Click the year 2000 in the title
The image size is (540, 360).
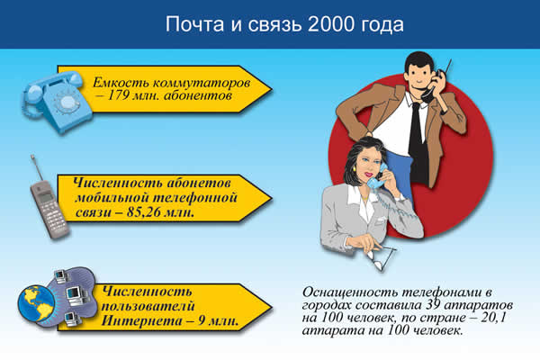329,25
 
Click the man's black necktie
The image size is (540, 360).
415,126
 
